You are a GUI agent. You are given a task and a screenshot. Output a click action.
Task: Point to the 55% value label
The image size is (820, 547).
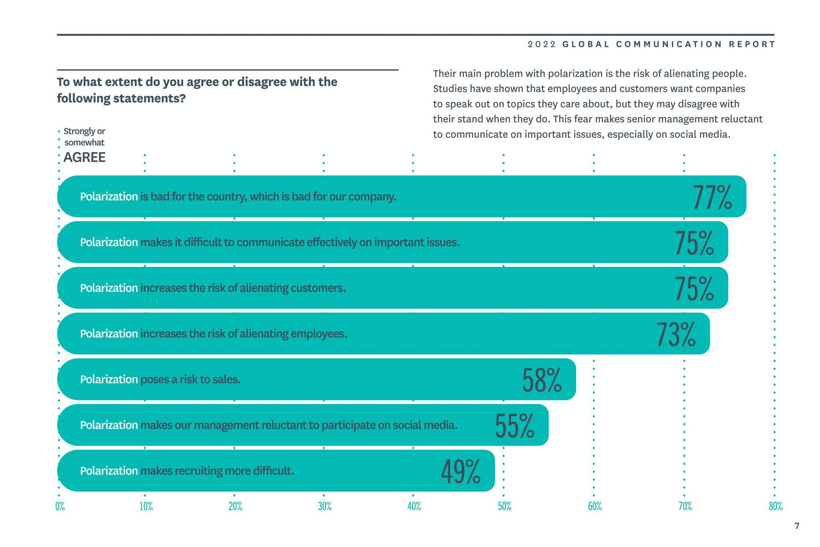[515, 426]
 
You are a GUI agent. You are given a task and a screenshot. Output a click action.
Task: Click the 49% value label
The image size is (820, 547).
[460, 471]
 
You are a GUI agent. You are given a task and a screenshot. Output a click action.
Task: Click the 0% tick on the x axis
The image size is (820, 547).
[60, 507]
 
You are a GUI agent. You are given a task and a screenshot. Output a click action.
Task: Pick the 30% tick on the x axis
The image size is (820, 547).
[325, 507]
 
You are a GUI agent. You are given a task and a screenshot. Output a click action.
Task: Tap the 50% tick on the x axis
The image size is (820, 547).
[504, 507]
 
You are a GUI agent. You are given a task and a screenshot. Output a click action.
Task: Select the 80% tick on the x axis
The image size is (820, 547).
[775, 507]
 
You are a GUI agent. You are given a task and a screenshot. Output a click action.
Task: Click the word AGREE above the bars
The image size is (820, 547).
[84, 157]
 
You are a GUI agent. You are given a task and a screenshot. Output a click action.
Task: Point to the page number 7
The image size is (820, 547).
[797, 526]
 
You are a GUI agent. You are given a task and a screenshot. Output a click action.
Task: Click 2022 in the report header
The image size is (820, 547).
[542, 44]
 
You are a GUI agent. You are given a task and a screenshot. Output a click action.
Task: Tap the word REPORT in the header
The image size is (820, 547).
[752, 44]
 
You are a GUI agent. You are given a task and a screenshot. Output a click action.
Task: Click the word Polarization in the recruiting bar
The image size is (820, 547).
[109, 470]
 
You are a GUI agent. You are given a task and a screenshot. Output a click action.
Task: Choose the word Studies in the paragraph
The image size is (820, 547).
[450, 89]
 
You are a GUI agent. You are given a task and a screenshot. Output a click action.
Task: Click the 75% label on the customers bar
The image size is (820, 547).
[694, 288]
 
